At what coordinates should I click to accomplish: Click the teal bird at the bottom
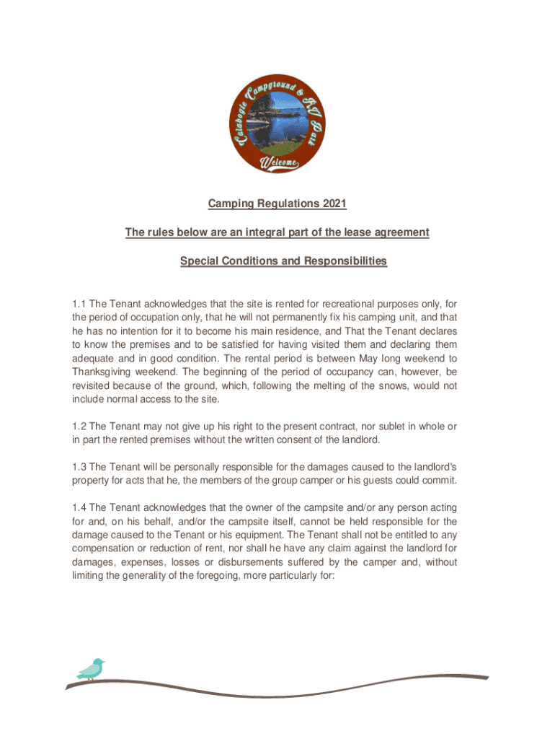tap(92, 669)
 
